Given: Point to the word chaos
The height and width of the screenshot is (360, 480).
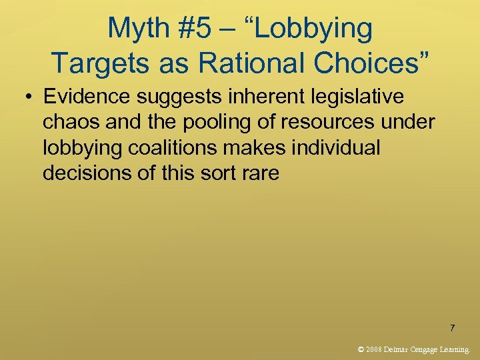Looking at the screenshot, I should coord(71,122).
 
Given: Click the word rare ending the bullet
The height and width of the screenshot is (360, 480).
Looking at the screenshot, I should coord(263,173).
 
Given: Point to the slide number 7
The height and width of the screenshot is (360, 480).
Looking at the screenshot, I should coord(453,327).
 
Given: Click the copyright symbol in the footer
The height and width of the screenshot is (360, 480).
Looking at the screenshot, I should coord(361,349).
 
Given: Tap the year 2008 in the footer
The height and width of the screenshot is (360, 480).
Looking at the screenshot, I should coord(375,349).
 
